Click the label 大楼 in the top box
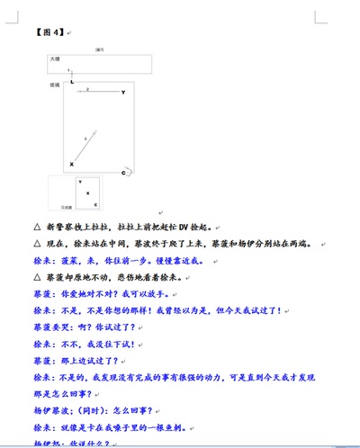click(56, 58)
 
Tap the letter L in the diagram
click(72, 82)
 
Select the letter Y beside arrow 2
click(123, 93)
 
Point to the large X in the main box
click(72, 165)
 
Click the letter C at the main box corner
click(123, 172)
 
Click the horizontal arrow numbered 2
click(94, 91)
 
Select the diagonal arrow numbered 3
click(85, 147)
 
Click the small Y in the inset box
click(79, 183)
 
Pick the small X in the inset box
click(87, 193)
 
